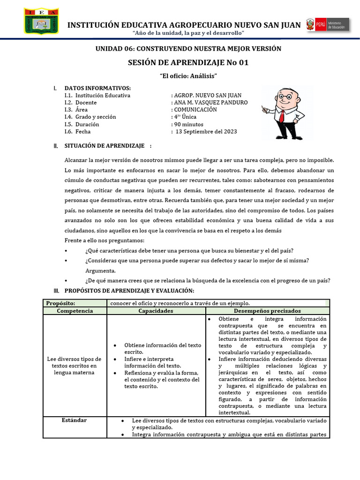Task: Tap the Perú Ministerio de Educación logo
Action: tap(327, 25)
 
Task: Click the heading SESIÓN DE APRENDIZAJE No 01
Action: tap(188, 63)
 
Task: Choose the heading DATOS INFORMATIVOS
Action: tap(97, 88)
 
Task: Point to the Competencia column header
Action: tap(75, 311)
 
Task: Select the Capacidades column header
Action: tap(156, 311)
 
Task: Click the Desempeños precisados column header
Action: tap(268, 311)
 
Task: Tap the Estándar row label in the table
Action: tap(75, 420)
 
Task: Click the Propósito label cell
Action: tap(60, 303)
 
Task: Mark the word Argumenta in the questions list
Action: tap(100, 271)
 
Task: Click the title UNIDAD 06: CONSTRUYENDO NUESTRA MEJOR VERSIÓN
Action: tap(188, 49)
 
